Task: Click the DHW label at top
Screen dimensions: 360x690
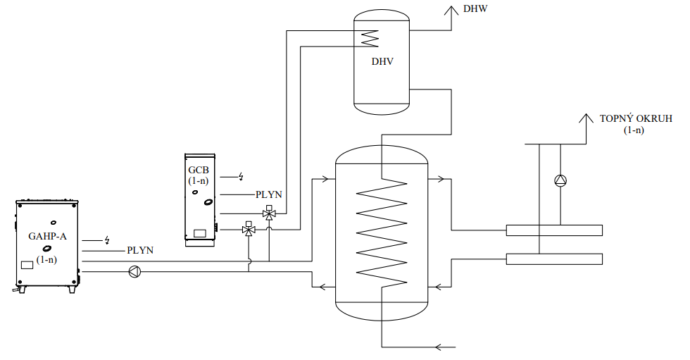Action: click(x=475, y=9)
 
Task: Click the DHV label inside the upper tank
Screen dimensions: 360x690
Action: click(x=382, y=61)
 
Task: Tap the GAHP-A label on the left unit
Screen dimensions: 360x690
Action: click(x=47, y=236)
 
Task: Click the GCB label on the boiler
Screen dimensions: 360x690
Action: click(x=199, y=170)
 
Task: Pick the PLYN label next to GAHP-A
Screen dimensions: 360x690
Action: click(x=140, y=250)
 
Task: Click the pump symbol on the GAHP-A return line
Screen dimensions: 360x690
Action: click(x=134, y=271)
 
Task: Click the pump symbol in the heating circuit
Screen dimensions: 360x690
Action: click(x=560, y=180)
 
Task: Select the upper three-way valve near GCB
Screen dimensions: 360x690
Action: click(x=269, y=213)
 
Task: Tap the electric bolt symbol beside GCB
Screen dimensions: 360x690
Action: click(x=241, y=176)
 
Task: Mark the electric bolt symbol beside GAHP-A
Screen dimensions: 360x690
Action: click(x=107, y=240)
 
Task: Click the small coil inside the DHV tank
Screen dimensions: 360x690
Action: click(x=370, y=37)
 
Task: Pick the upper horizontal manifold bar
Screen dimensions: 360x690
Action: click(x=554, y=230)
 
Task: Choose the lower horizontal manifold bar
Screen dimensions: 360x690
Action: click(x=554, y=259)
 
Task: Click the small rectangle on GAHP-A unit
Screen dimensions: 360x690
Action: click(x=27, y=265)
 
